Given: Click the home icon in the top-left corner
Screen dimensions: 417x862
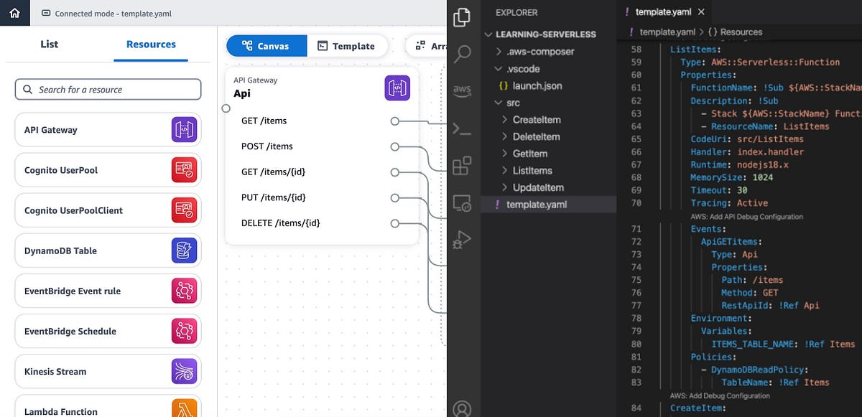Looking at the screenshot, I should (15, 13).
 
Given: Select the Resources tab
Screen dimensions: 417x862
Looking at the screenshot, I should (151, 44).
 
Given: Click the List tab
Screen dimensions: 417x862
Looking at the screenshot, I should (50, 44).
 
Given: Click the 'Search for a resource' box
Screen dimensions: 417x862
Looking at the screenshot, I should (108, 90).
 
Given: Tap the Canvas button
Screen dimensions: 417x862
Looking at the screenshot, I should (267, 46).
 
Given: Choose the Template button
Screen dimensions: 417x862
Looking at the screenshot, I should (347, 46).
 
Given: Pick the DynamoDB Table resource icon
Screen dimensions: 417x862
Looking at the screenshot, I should (185, 250).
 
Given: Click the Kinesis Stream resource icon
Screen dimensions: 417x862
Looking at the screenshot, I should (185, 371).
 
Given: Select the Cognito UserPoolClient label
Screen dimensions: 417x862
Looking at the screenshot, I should (73, 210).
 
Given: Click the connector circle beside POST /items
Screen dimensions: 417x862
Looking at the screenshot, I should (394, 146).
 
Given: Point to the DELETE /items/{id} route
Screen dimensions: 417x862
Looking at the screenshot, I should (280, 223).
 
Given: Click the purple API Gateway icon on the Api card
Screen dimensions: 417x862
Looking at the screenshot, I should (397, 88).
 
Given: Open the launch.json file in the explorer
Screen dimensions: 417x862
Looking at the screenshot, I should (537, 86).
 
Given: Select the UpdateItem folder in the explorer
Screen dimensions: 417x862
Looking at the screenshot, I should (538, 187).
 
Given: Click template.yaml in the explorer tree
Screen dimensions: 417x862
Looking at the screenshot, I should (536, 205).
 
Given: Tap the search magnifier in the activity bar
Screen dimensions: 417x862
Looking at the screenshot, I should (463, 54).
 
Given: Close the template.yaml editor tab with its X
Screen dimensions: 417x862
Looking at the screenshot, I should (701, 12).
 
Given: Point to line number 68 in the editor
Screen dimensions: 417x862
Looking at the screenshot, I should (636, 177).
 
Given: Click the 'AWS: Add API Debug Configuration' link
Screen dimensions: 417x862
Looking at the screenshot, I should (746, 216).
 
